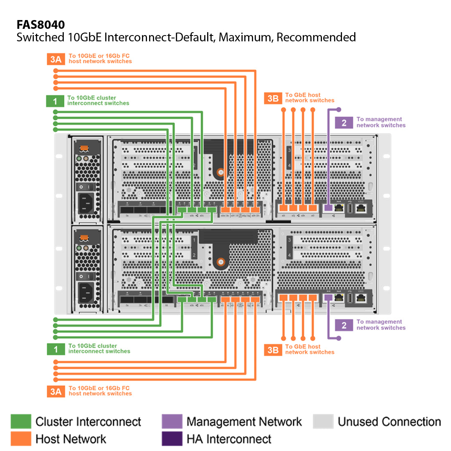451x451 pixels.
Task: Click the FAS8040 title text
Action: pos(41,25)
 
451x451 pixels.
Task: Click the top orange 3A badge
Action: pos(56,59)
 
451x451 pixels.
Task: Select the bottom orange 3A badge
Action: pos(56,391)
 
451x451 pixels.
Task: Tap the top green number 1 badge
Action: pos(55,101)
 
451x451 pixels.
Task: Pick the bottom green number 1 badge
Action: pos(56,349)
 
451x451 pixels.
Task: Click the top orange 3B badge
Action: pos(273,98)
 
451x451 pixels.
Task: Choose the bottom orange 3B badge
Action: pos(273,350)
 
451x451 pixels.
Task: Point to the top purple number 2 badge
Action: pos(344,122)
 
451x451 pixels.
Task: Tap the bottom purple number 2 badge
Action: pos(344,325)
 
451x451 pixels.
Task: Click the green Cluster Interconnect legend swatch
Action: pos(21,422)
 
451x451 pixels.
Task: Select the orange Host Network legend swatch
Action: pos(21,439)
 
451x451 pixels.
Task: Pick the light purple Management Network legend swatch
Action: pos(172,422)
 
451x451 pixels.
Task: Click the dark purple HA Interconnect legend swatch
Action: pos(172,439)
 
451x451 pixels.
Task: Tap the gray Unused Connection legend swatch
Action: pos(323,422)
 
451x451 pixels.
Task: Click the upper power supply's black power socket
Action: pos(86,204)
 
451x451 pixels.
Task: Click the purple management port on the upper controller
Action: pos(328,208)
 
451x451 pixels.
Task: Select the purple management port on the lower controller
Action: pos(328,298)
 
